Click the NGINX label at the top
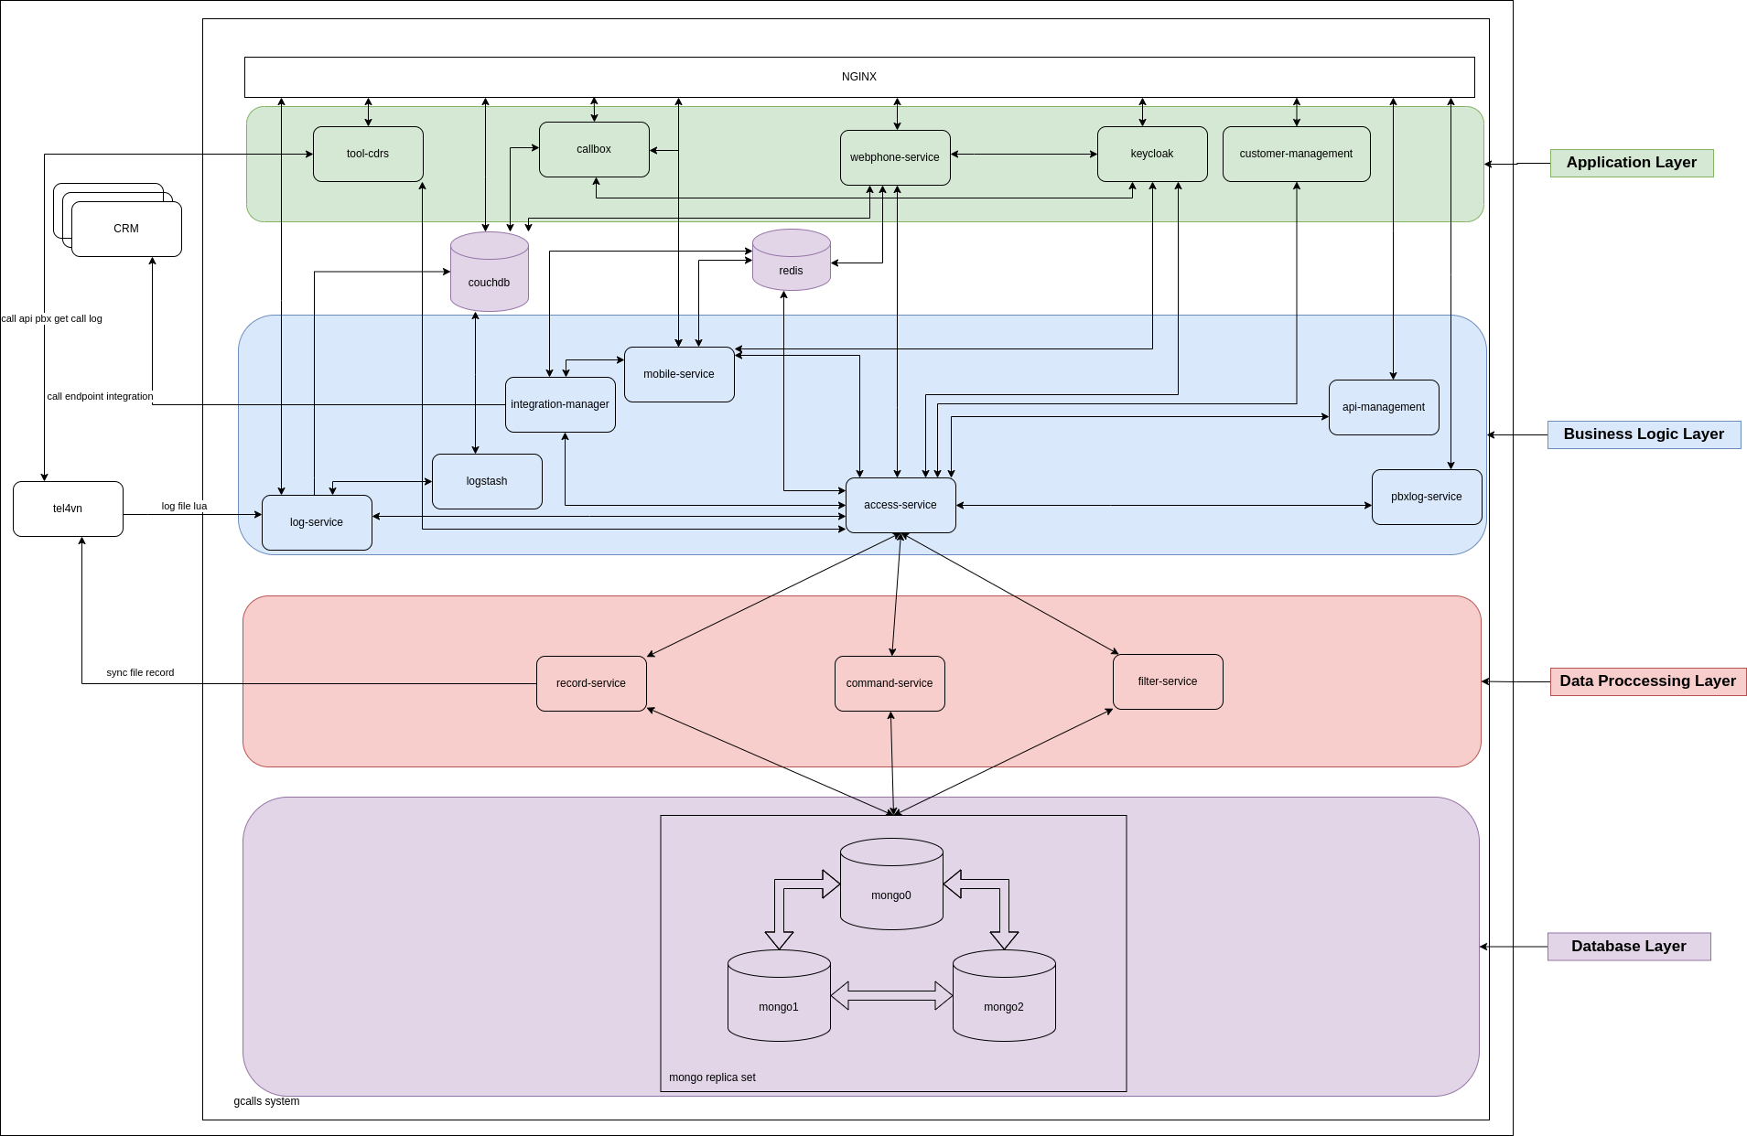(x=858, y=77)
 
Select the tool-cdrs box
(x=368, y=154)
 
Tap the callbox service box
(x=594, y=149)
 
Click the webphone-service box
(x=895, y=157)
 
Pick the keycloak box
(x=1151, y=154)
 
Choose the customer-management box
(x=1296, y=154)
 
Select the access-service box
(x=900, y=505)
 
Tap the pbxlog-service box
(x=1426, y=497)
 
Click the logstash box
(x=487, y=481)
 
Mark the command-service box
(x=890, y=683)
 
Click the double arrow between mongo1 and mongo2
(x=891, y=995)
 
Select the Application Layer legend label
(x=1631, y=163)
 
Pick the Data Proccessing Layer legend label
(x=1647, y=681)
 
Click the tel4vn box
(x=68, y=509)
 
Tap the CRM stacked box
(x=126, y=229)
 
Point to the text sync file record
(x=140, y=672)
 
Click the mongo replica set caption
(x=712, y=1077)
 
